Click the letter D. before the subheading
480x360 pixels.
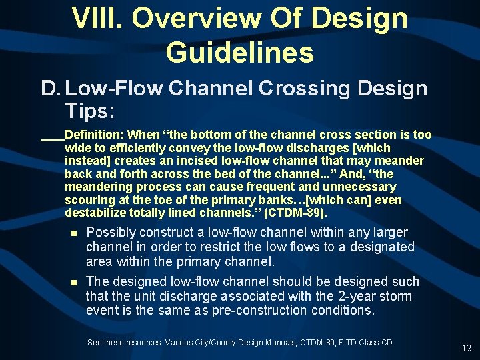(x=50, y=88)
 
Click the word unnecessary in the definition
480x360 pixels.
(x=358, y=187)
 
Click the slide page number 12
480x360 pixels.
(x=467, y=348)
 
